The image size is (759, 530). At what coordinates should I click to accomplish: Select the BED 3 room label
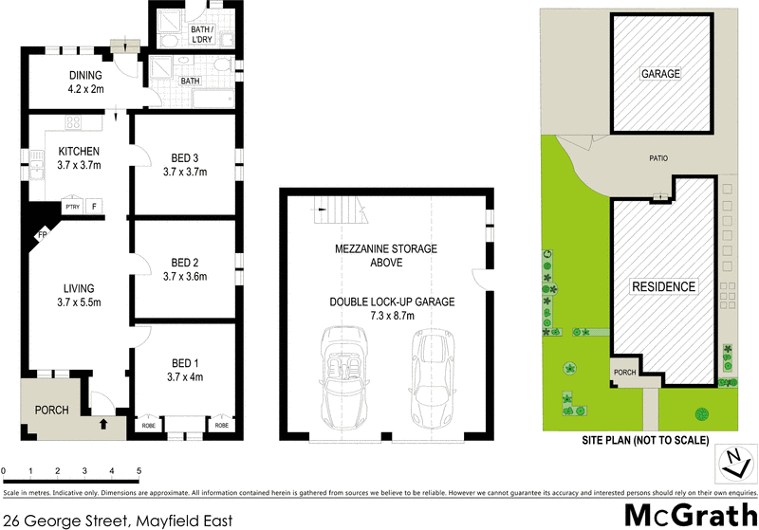[185, 157]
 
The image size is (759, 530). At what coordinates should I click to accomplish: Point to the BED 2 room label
[185, 263]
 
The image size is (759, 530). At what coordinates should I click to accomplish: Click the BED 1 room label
[185, 363]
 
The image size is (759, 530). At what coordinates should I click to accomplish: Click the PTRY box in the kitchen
[71, 206]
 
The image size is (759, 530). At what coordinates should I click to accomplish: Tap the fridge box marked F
[94, 206]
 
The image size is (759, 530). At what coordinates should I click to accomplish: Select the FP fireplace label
[42, 234]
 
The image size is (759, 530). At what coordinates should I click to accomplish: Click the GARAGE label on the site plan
[660, 74]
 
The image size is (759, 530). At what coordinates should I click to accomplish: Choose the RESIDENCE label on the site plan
[664, 286]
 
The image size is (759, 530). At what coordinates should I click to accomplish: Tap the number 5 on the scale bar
[139, 470]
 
